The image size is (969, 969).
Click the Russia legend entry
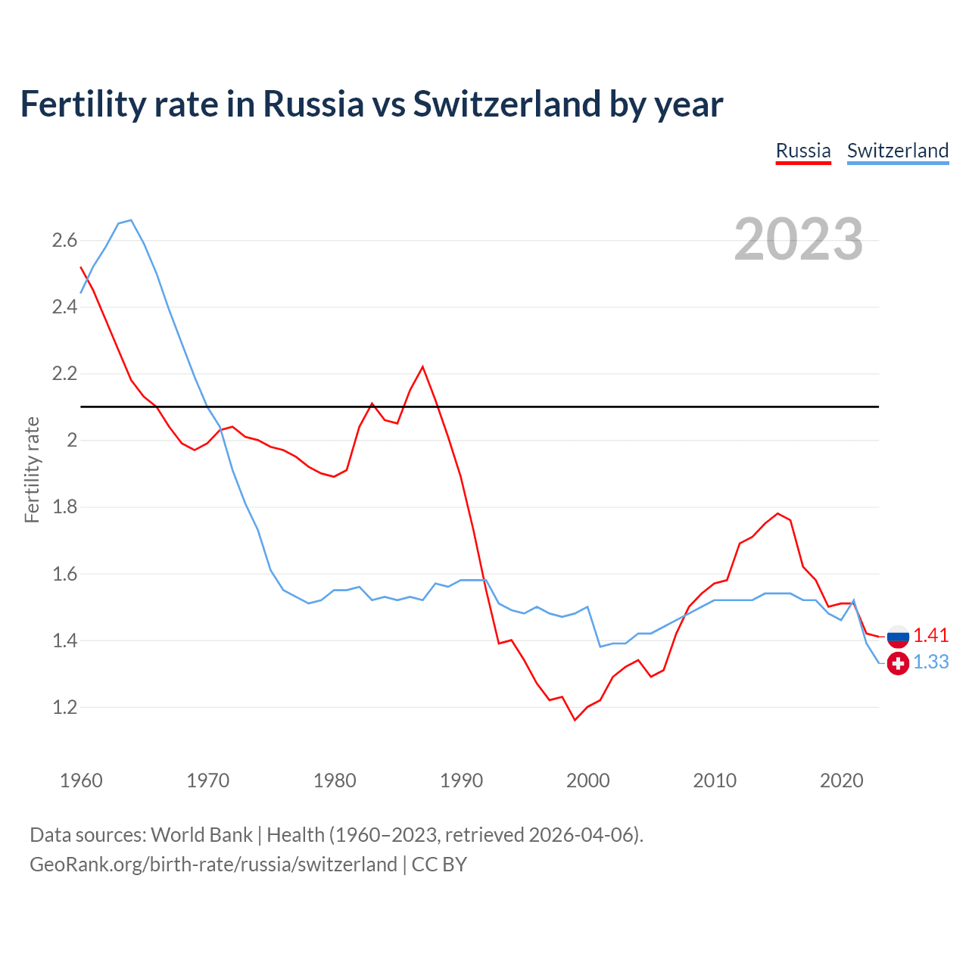[x=803, y=151]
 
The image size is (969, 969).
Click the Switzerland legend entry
[x=897, y=151]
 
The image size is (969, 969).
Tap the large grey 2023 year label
[x=798, y=239]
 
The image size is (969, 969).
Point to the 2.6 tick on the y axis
[x=64, y=241]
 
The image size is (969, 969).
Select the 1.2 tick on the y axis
[x=64, y=708]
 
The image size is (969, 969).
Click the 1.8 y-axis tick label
[x=64, y=507]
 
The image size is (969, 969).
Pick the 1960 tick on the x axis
[x=81, y=780]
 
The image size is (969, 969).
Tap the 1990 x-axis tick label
[x=461, y=780]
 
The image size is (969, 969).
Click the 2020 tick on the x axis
[x=841, y=780]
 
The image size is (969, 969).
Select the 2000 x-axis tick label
[x=587, y=780]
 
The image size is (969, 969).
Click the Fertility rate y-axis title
[x=32, y=469]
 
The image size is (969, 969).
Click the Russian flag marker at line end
[x=898, y=637]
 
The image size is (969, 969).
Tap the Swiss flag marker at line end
[x=898, y=663]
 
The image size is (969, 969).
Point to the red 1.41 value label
[x=930, y=635]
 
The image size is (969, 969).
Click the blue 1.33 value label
[x=930, y=662]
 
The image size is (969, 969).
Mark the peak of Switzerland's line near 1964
[x=131, y=220]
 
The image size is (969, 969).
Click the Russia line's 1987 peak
[x=422, y=367]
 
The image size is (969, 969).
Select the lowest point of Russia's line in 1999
[x=575, y=719]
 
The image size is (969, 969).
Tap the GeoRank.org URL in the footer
[x=213, y=864]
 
